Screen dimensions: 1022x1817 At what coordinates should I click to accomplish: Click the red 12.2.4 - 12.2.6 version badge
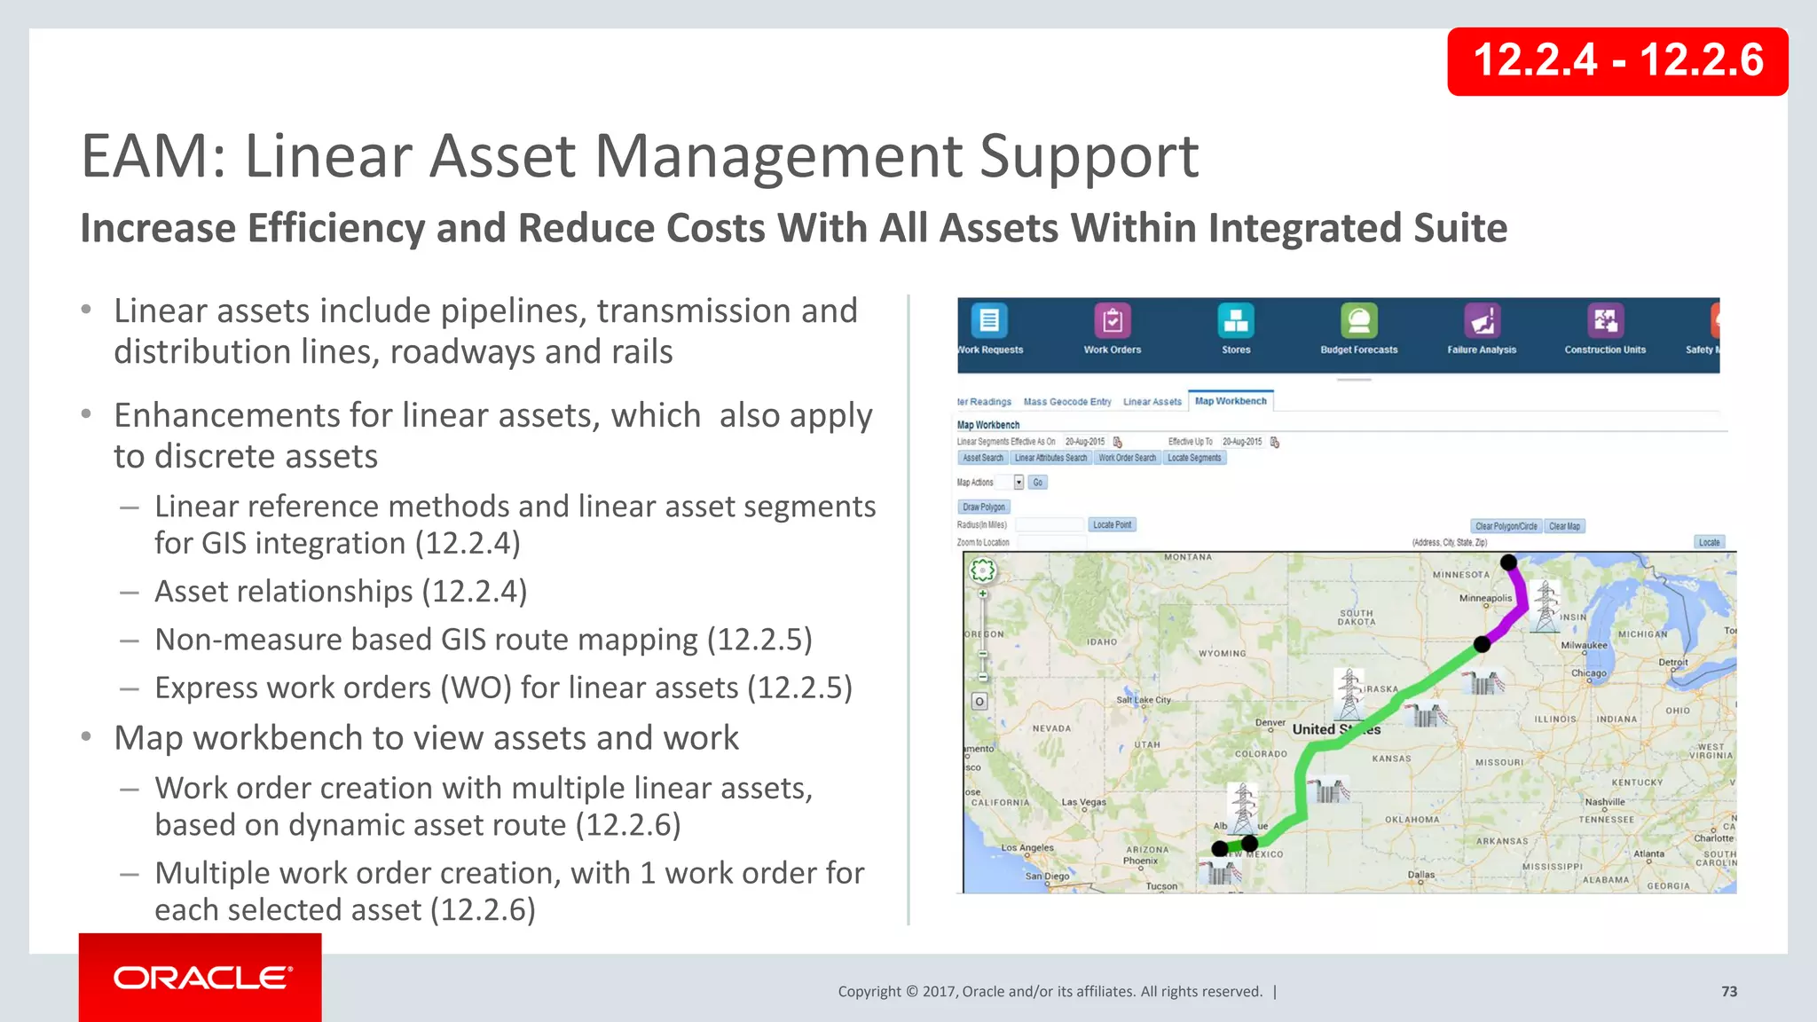click(x=1617, y=61)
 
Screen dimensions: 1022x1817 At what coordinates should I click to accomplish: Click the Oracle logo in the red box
click(x=201, y=978)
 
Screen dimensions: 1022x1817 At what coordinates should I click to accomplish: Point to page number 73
click(x=1729, y=992)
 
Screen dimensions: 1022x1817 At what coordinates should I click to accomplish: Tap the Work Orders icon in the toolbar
click(x=1113, y=321)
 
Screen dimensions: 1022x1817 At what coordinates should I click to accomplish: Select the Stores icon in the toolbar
click(x=1236, y=321)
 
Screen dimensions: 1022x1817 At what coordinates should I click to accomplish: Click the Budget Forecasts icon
click(x=1358, y=321)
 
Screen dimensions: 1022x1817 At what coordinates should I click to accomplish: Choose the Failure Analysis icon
click(x=1482, y=321)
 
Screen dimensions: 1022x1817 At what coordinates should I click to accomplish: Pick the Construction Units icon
click(x=1605, y=321)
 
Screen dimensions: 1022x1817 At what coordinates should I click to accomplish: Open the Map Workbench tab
click(x=1231, y=402)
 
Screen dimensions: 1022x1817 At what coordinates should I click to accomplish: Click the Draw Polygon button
click(x=984, y=507)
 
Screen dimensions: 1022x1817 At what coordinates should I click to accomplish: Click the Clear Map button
click(x=1564, y=526)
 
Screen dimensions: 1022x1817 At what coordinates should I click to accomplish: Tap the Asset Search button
click(x=983, y=459)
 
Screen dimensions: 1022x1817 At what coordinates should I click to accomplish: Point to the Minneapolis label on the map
click(x=1485, y=598)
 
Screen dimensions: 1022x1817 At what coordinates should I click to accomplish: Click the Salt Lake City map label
click(x=1143, y=700)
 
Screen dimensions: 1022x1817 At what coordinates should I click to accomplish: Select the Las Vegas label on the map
click(x=1083, y=802)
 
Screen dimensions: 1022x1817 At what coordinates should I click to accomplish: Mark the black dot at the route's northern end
click(x=1508, y=562)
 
